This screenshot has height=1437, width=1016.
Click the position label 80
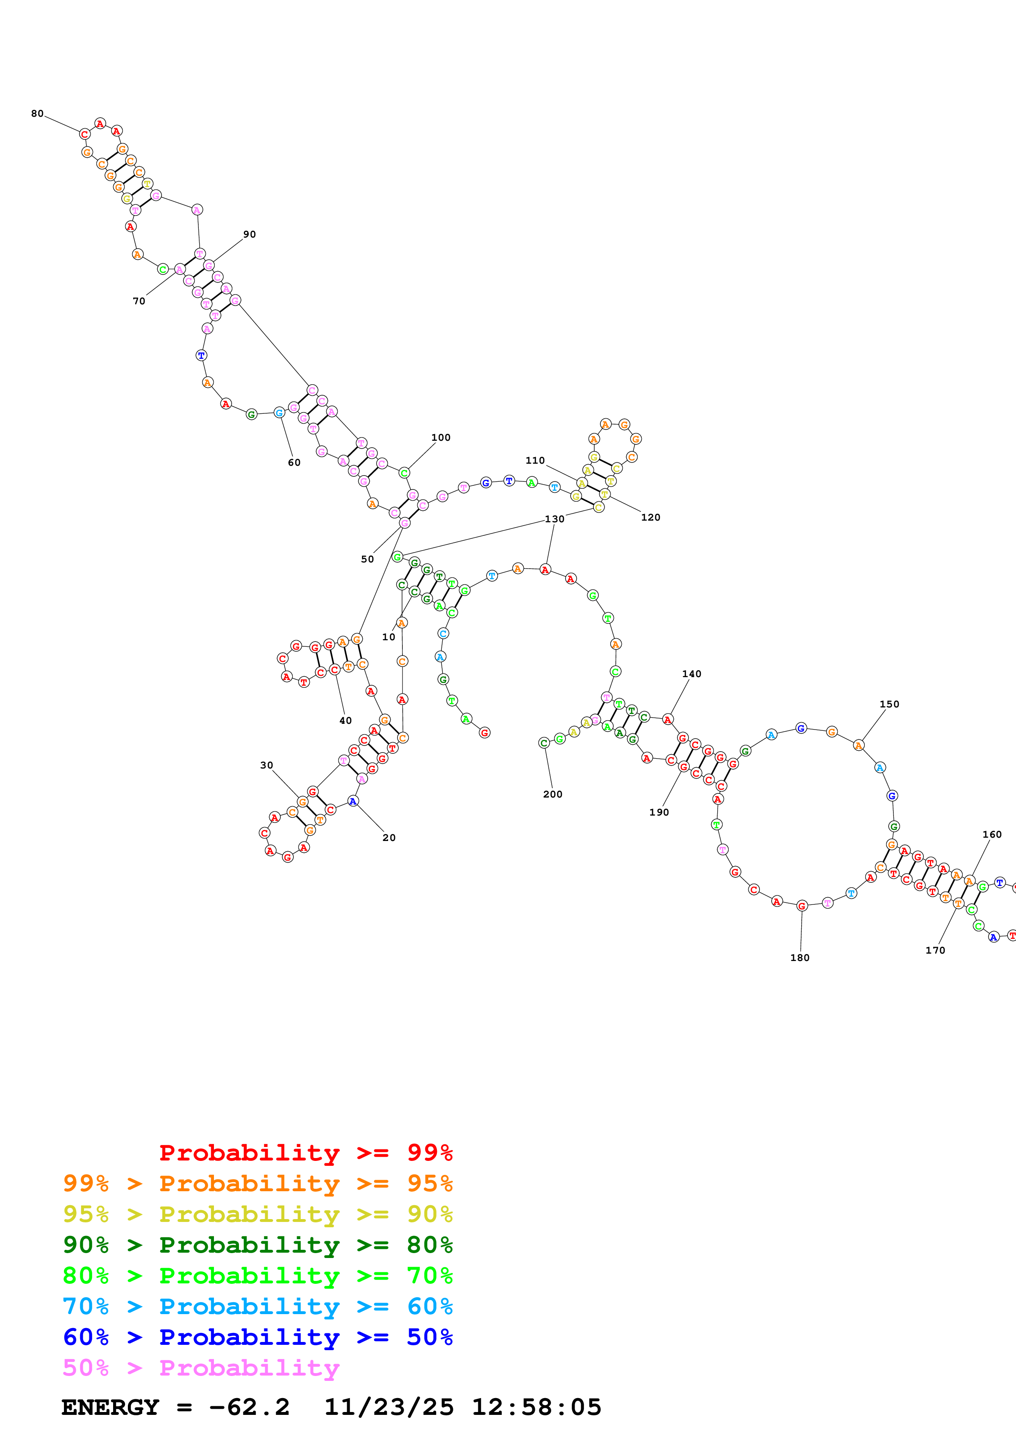[x=38, y=114]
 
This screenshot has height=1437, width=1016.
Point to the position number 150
[x=889, y=705]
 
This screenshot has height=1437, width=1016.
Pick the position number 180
[x=800, y=958]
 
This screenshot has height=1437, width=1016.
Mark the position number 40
[x=345, y=721]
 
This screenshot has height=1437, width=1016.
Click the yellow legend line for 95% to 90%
[x=257, y=1214]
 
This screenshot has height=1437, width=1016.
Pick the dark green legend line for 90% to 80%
[x=257, y=1245]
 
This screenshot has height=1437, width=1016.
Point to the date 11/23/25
[x=389, y=1408]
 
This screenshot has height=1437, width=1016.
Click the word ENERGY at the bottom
[x=110, y=1408]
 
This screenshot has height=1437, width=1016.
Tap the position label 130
[x=554, y=519]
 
